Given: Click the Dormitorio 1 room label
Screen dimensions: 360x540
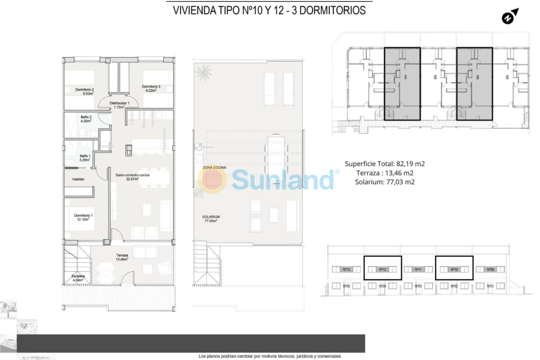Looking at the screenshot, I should [83, 217].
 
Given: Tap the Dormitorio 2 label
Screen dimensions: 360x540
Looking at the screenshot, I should [85, 91].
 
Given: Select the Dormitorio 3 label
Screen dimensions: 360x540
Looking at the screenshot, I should [151, 89].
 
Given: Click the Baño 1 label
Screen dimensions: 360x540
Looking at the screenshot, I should [85, 158].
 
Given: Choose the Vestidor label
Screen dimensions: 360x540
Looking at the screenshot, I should [78, 179].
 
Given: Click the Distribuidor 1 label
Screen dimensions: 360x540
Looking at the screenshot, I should [119, 105].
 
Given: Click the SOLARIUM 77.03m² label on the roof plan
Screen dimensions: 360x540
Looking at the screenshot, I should [211, 218].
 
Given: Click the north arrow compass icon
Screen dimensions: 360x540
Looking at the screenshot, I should [510, 16].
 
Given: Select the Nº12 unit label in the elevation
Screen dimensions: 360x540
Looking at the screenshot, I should [382, 270].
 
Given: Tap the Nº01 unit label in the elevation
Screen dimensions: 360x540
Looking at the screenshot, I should [490, 286].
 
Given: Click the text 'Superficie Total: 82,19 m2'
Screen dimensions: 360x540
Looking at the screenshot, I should [385, 163].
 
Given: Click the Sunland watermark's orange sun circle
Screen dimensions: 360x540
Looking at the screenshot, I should [212, 180].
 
